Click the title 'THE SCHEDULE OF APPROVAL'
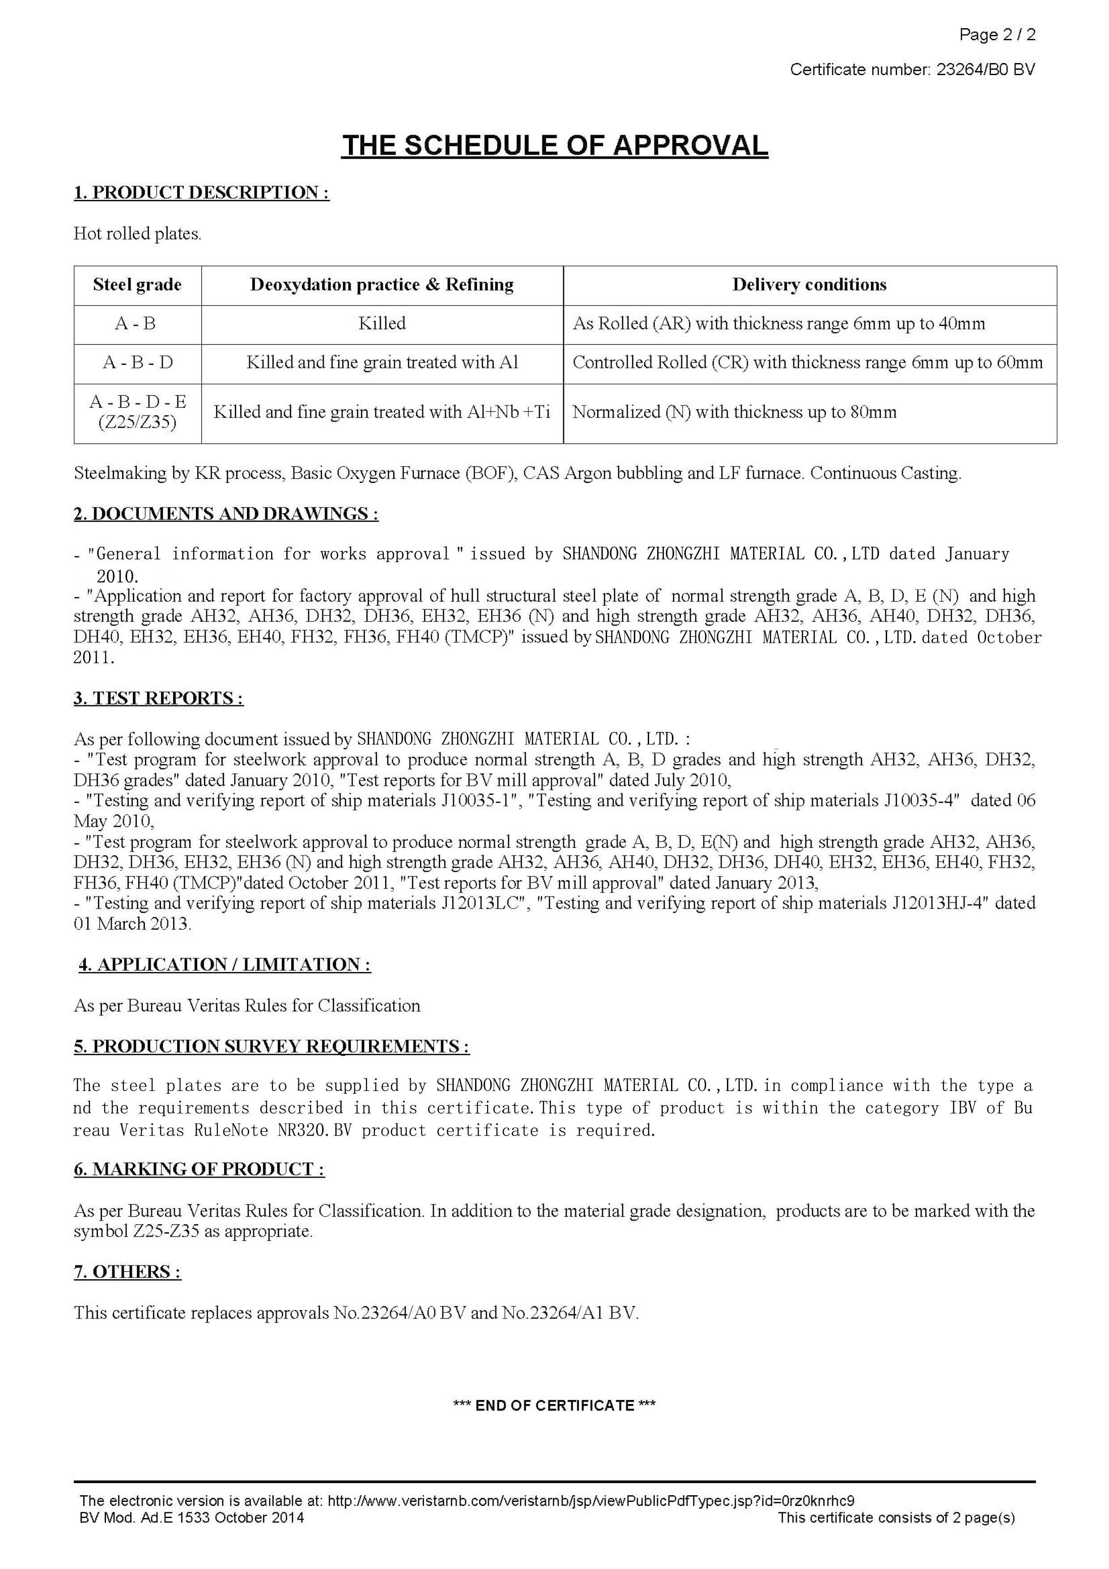point(555,146)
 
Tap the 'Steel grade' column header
point(137,285)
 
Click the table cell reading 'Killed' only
point(382,323)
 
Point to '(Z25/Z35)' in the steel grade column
point(137,422)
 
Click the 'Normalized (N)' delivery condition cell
point(734,412)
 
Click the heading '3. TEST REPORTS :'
point(159,698)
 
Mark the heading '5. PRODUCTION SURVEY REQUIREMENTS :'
point(272,1046)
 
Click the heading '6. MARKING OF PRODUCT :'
point(199,1169)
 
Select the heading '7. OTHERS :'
point(127,1272)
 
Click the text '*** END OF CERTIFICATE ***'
point(555,1406)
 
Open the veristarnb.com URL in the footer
point(591,1501)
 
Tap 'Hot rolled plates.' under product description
point(137,234)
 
